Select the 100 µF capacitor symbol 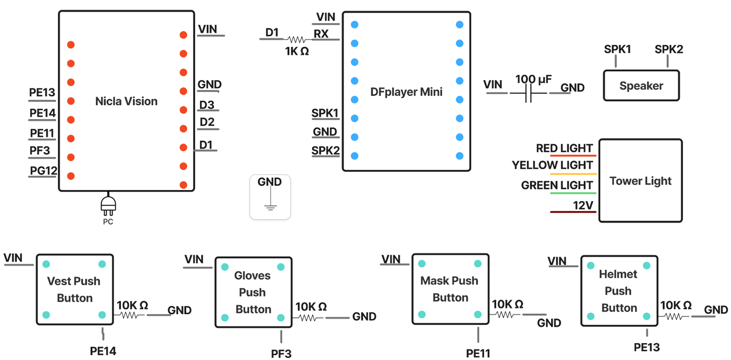tap(529, 94)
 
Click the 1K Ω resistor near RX tap(296, 39)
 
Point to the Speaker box tap(641, 85)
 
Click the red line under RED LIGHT tap(573, 156)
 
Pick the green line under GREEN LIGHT tap(573, 194)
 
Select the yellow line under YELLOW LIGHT tap(573, 174)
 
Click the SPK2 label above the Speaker tap(668, 49)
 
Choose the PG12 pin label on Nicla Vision tap(43, 171)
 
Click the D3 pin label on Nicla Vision tap(206, 105)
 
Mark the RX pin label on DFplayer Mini tap(321, 34)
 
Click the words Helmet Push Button tap(618, 291)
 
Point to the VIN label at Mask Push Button tap(390, 259)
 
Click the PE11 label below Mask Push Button tap(478, 353)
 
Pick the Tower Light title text tap(640, 181)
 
